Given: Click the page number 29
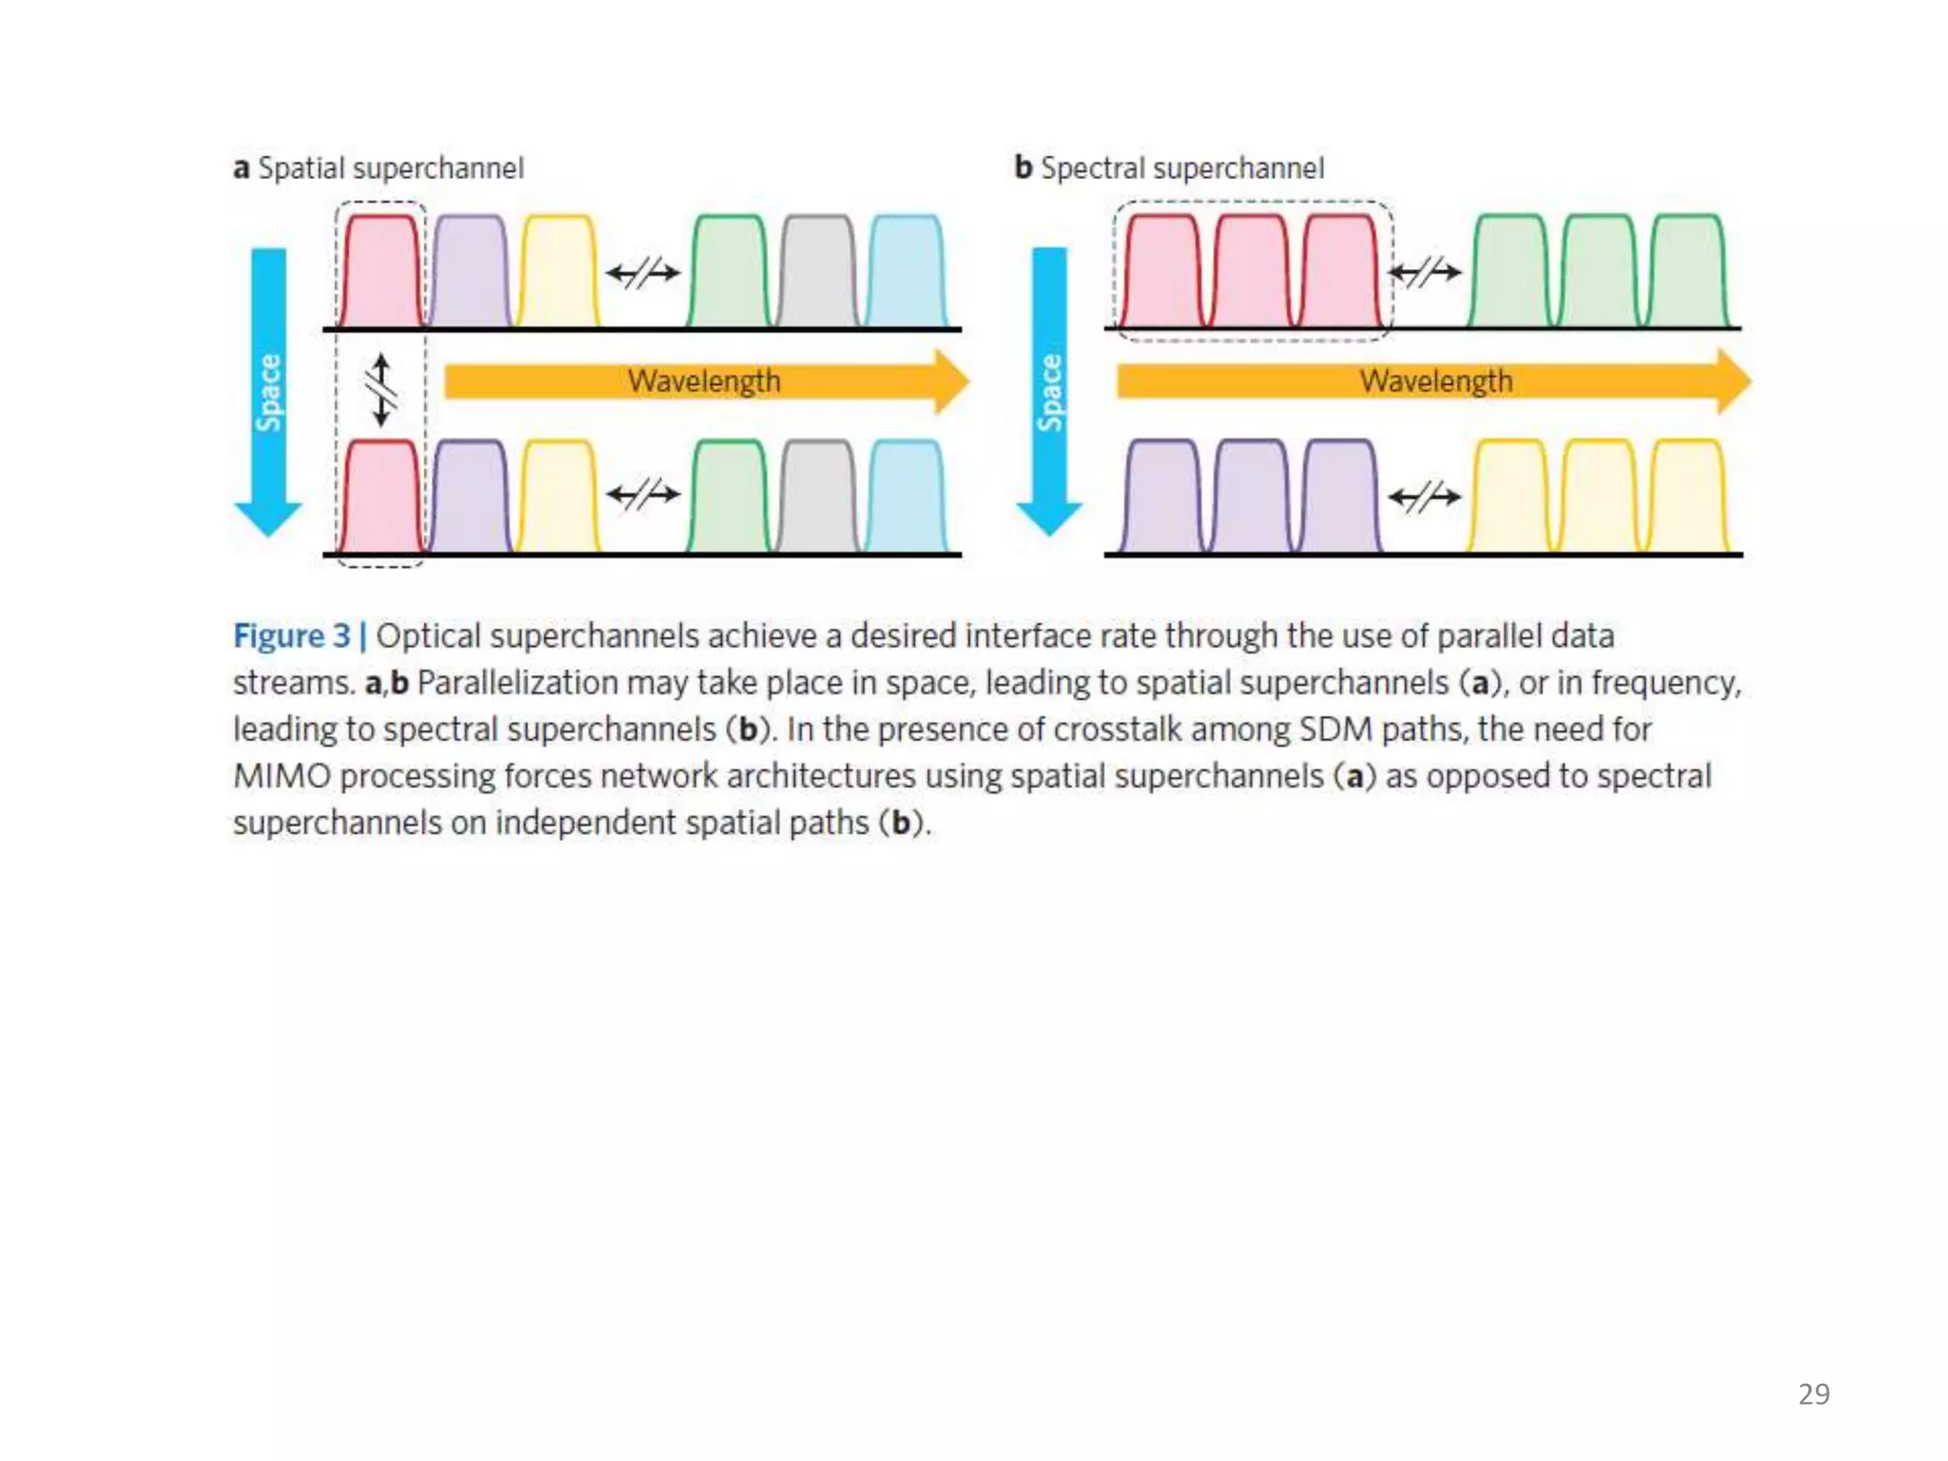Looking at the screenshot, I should [1813, 1393].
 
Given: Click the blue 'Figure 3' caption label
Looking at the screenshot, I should [292, 636].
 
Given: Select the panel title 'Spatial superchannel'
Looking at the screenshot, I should [390, 168].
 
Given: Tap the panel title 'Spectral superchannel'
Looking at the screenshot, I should [1181, 168].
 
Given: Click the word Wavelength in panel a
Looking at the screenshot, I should [704, 381].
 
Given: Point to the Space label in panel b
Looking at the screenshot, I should [1050, 392].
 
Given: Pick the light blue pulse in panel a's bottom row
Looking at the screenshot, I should [906, 497].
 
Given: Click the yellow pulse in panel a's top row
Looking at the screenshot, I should [558, 273].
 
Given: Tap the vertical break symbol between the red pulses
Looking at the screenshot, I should [381, 390].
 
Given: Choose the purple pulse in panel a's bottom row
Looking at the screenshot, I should [470, 497].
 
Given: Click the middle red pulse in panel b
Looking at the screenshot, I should [1251, 273].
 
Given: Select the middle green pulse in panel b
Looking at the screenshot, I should [1599, 273].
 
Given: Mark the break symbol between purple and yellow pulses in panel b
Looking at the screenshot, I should [1424, 497].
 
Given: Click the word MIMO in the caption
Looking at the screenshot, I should [282, 776].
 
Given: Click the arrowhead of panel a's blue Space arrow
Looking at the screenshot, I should [268, 518].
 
